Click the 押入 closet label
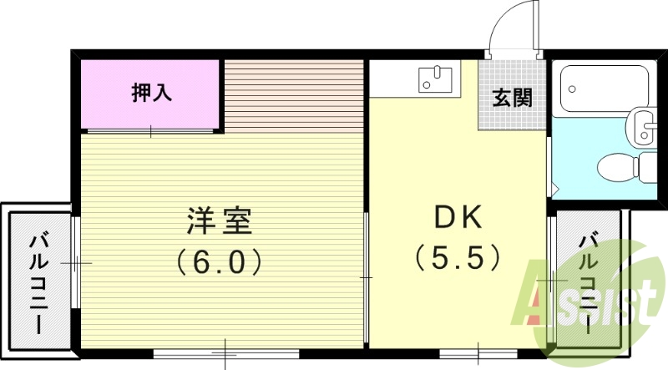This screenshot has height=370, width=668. click(152, 93)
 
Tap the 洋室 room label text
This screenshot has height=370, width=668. click(220, 222)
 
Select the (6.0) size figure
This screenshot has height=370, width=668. click(220, 262)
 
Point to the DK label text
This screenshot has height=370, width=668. click(458, 219)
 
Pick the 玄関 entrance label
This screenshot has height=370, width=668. click(512, 99)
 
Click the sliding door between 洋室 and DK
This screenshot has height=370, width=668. click(367, 276)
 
